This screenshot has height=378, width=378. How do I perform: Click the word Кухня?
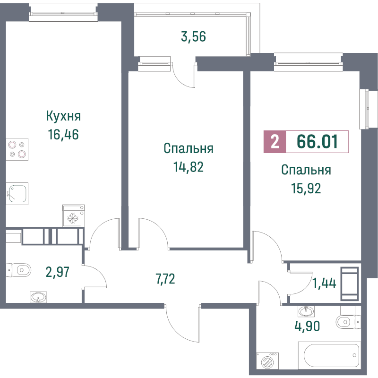coord(63,116)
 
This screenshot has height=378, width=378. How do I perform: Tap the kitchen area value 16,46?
coord(63,135)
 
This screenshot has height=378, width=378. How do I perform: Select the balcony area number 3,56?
coord(193,37)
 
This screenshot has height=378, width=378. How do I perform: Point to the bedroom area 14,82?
coord(189,167)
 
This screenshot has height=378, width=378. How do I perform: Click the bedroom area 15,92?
coord(306,188)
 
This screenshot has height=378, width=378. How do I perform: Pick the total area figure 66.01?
coord(317,141)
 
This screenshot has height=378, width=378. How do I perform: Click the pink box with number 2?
coord(275,142)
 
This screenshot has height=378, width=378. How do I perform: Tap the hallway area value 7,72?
coord(165,279)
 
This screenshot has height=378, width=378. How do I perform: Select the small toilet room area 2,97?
coord(58,272)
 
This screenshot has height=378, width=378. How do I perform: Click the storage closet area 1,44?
coord(324,283)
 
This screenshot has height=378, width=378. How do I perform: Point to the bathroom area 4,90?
coord(308,326)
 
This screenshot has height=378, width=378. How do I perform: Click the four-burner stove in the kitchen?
coord(17,149)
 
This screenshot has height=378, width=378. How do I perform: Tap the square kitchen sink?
coord(17,194)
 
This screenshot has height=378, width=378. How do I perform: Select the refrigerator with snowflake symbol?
coord(74,216)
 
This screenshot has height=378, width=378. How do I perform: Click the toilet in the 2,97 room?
coord(18,270)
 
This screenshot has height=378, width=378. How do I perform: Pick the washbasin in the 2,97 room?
coord(38,297)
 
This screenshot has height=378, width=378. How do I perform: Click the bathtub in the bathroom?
coord(329,355)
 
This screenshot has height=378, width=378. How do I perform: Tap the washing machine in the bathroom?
coord(267,361)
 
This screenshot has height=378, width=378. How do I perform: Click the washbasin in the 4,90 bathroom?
coord(306,311)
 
